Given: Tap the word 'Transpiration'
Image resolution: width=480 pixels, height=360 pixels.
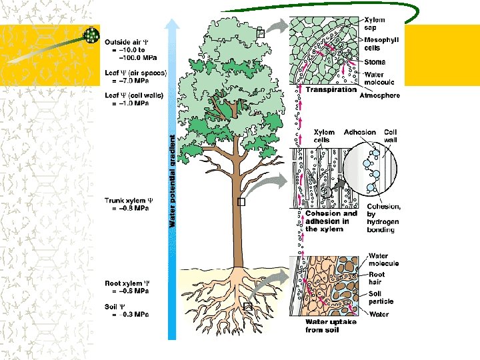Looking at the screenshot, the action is tap(331, 90).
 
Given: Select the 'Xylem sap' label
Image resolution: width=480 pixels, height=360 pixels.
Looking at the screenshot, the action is tap(375, 25).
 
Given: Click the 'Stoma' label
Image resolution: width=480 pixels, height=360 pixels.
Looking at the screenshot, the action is tap(374, 63).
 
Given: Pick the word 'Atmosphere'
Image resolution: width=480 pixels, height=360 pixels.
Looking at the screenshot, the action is tap(380, 96).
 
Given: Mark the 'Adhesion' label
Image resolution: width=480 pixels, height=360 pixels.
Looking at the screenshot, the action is tap(360, 132).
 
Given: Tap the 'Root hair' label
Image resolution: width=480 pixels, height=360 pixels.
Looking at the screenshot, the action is tap(377, 278).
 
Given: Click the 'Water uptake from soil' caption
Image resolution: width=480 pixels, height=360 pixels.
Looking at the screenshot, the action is tap(331, 326).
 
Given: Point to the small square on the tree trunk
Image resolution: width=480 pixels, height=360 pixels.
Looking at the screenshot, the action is tap(241, 202).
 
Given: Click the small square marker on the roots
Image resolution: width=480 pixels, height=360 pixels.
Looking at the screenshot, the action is tap(248, 306).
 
